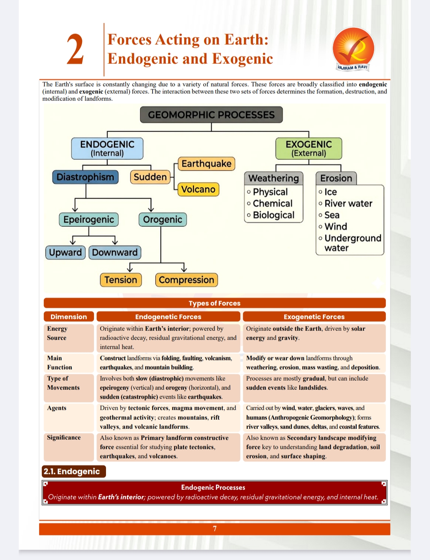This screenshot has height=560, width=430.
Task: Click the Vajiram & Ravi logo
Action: [x=353, y=49]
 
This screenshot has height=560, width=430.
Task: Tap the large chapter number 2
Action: [x=75, y=49]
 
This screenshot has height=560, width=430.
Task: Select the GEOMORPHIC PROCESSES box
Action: [x=211, y=115]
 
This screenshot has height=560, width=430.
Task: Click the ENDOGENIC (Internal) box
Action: [x=107, y=148]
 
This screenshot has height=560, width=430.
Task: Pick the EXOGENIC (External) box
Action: [x=309, y=148]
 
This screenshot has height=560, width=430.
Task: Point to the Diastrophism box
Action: [x=85, y=177]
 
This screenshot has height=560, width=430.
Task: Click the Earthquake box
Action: [x=206, y=164]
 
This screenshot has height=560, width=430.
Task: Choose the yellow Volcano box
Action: [x=198, y=189]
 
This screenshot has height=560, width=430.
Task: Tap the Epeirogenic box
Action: [x=88, y=220]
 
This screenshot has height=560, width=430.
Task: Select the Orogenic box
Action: [x=163, y=220]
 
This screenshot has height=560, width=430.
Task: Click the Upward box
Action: [x=65, y=252]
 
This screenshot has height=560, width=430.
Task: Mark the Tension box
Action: [x=121, y=280]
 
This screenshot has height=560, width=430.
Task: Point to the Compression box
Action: [x=187, y=280]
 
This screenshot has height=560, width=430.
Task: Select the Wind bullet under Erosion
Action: [x=333, y=226]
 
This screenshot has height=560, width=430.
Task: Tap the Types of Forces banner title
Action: [x=215, y=303]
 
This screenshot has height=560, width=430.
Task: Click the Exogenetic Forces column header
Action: [x=314, y=317]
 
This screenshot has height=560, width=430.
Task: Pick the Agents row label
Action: [x=57, y=408]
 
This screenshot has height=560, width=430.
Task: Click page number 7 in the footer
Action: [x=215, y=529]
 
